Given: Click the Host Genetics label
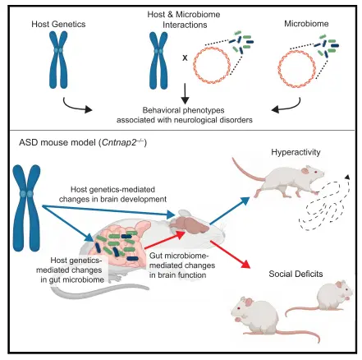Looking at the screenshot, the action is pyautogui.click(x=58, y=24).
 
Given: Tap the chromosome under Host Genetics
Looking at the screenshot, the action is pyautogui.click(x=58, y=59).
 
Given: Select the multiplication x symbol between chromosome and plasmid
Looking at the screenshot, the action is pyautogui.click(x=185, y=58).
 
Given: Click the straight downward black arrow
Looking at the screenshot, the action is pyautogui.click(x=186, y=94).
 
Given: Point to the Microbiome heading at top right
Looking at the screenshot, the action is pyautogui.click(x=306, y=24).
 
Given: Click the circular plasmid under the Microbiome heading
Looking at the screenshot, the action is pyautogui.click(x=296, y=68).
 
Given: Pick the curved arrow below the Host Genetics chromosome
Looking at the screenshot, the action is pyautogui.click(x=77, y=105).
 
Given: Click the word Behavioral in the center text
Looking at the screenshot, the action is pyautogui.click(x=160, y=110).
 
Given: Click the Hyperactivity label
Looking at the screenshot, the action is pyautogui.click(x=296, y=152).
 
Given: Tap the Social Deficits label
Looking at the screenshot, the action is pyautogui.click(x=296, y=274).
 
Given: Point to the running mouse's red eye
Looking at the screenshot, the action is pyautogui.click(x=316, y=172).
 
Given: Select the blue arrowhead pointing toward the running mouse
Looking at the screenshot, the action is pyautogui.click(x=245, y=201).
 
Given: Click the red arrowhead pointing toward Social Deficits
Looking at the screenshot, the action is pyautogui.click(x=246, y=265).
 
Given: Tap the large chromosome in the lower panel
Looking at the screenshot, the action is pyautogui.click(x=26, y=208).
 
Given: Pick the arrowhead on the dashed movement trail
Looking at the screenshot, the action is pyautogui.click(x=347, y=177).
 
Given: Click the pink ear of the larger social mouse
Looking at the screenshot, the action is pyautogui.click(x=248, y=302).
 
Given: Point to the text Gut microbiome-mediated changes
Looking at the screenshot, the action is pyautogui.click(x=182, y=261).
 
